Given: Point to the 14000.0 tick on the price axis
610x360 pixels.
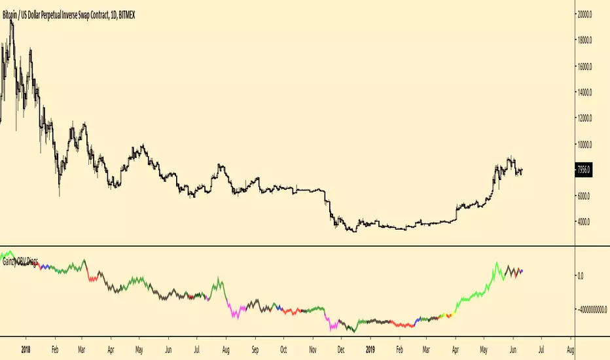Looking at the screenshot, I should pyautogui.click(x=584, y=92).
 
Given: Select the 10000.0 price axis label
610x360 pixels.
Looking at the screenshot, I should pyautogui.click(x=584, y=145).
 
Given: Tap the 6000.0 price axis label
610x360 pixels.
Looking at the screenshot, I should pyautogui.click(x=584, y=196).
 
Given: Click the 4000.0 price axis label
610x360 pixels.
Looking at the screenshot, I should pyautogui.click(x=584, y=222).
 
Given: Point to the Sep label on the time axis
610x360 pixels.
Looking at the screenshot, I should pyautogui.click(x=255, y=350).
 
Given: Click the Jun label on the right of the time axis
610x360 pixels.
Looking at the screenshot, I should pyautogui.click(x=512, y=350).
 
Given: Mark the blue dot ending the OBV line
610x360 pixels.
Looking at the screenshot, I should pyautogui.click(x=521, y=271).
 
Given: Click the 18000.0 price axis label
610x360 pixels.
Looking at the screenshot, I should pyautogui.click(x=584, y=40).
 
